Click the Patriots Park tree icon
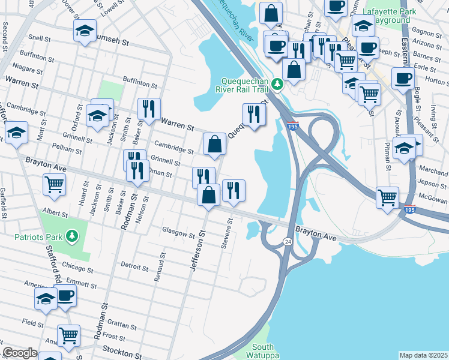pyautogui.click(x=71, y=236)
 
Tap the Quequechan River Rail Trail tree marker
pyautogui.click(x=277, y=83)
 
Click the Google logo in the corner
pyautogui.click(x=19, y=353)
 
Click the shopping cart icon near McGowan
pyautogui.click(x=387, y=196)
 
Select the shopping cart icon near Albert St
pyautogui.click(x=55, y=185)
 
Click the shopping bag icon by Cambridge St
pyautogui.click(x=214, y=143)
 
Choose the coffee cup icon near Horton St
pyautogui.click(x=403, y=77)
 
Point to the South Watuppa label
pyautogui.click(x=263, y=351)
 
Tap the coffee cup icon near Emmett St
pyautogui.click(x=65, y=295)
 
